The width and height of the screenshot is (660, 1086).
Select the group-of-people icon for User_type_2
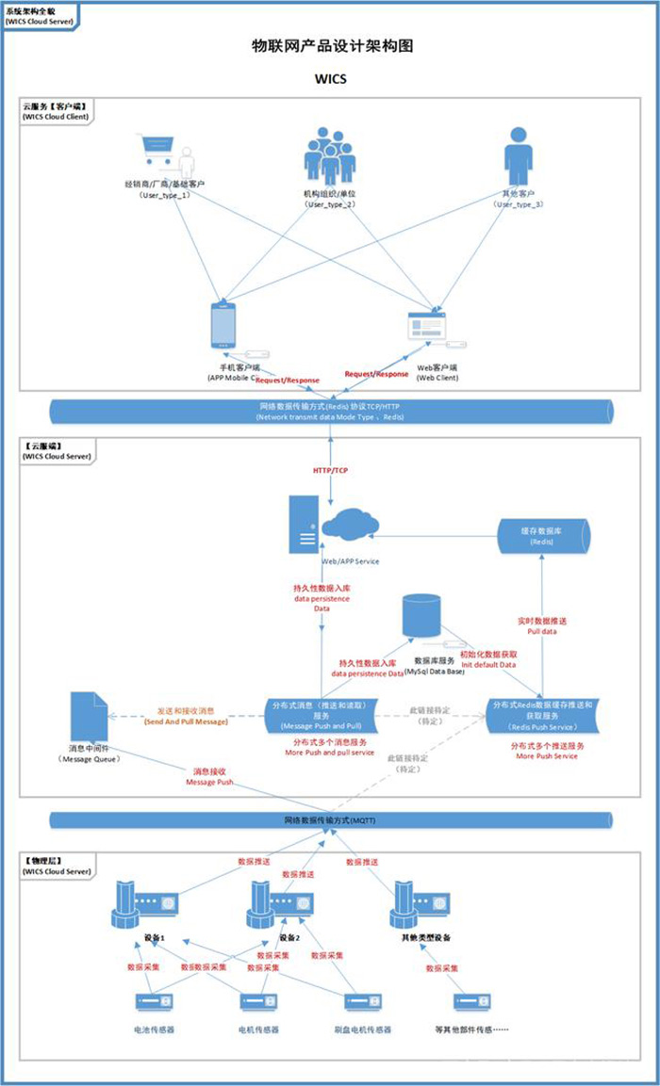coord(330,156)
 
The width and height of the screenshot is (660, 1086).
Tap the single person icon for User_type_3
coord(518,156)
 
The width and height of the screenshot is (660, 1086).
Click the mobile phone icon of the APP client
coord(222,326)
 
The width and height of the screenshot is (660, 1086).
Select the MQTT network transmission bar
coord(329,820)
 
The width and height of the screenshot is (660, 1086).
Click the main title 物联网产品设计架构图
coord(331,44)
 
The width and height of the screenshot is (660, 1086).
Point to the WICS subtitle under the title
coord(330,79)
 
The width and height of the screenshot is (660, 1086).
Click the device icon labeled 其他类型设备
coord(421,903)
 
